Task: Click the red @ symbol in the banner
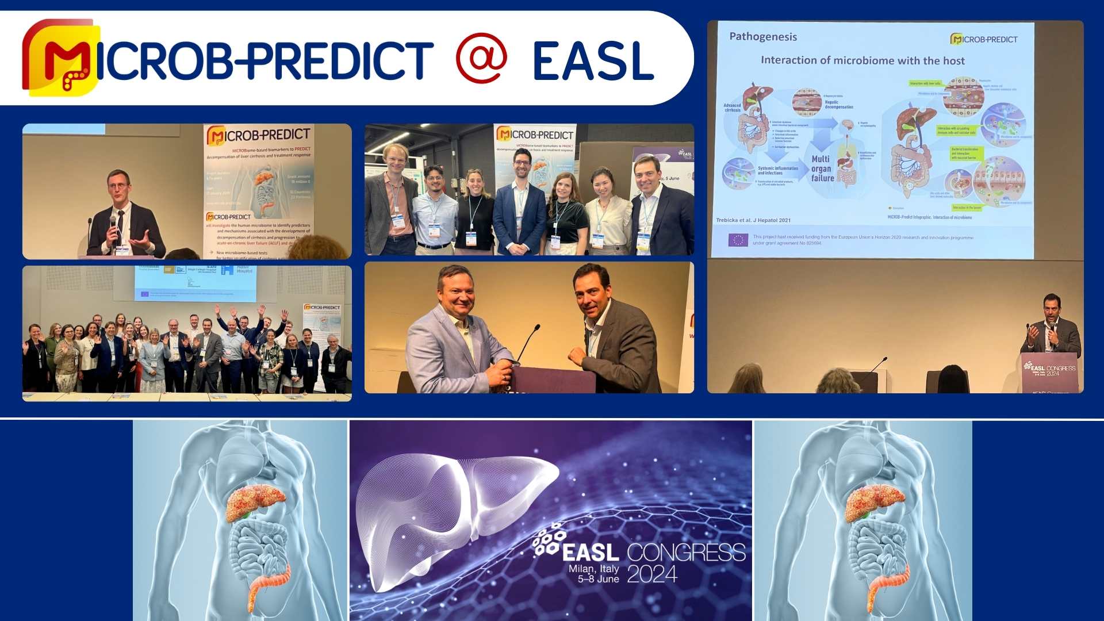[x=481, y=59]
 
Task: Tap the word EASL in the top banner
[x=593, y=61]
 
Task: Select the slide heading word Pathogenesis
[x=762, y=37]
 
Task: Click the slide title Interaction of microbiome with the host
[x=862, y=60]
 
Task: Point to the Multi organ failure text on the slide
[x=822, y=168]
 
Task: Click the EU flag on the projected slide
[x=738, y=240]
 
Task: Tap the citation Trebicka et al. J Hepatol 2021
[x=753, y=220]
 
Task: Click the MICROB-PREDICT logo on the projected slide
[x=984, y=39]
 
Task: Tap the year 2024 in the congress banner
[x=652, y=574]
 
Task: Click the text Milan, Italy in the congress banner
[x=593, y=569]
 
